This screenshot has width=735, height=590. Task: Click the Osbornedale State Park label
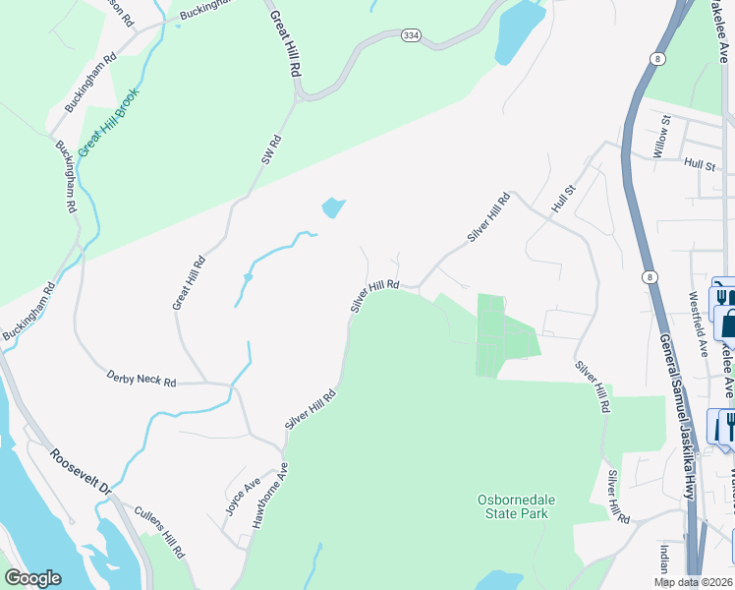click(517, 506)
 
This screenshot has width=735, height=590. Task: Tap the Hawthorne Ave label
click(267, 498)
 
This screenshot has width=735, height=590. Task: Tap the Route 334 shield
click(411, 36)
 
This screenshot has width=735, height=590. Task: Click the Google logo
click(32, 578)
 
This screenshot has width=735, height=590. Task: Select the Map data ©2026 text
click(694, 582)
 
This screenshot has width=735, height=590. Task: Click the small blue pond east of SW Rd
click(333, 208)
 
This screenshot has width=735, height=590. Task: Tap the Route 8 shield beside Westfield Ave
click(650, 278)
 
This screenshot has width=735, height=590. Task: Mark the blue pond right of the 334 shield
click(520, 31)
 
